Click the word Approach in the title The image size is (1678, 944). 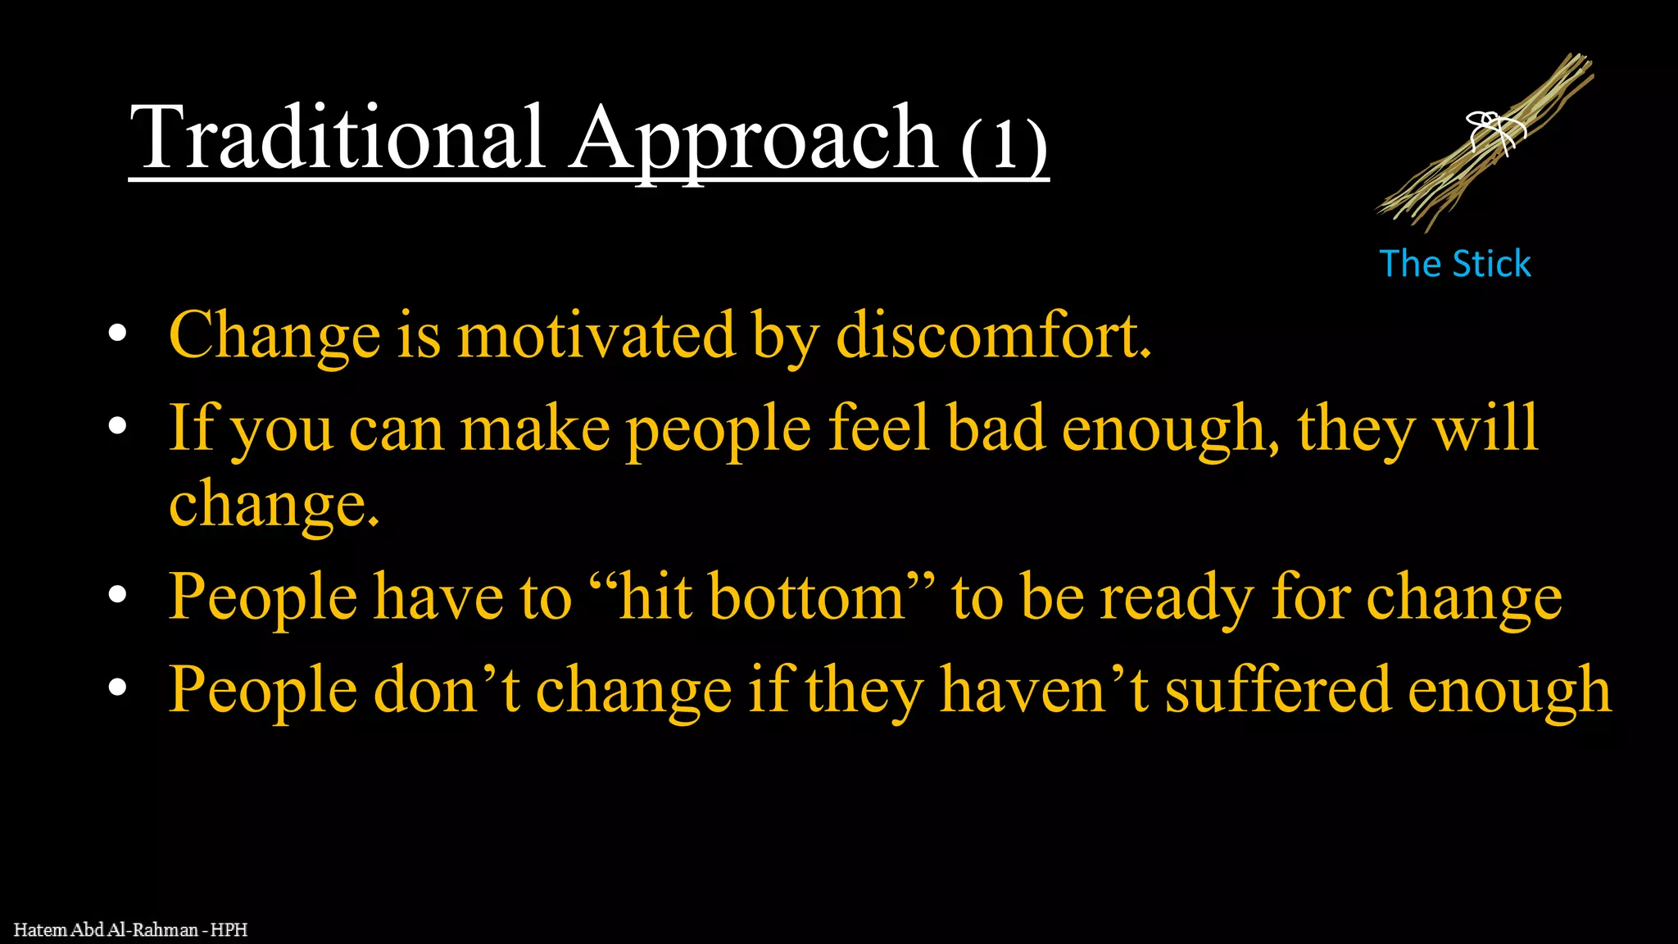pos(754,139)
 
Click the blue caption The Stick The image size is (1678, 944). pos(1455,264)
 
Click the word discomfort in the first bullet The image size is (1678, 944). pos(993,335)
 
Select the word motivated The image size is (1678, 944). pos(596,335)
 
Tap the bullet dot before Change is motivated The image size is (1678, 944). pos(118,334)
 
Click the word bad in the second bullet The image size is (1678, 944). pos(995,428)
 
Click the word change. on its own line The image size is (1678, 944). pos(274,504)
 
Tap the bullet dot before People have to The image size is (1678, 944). pos(118,596)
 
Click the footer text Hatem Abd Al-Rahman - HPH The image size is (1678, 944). pos(130,930)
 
